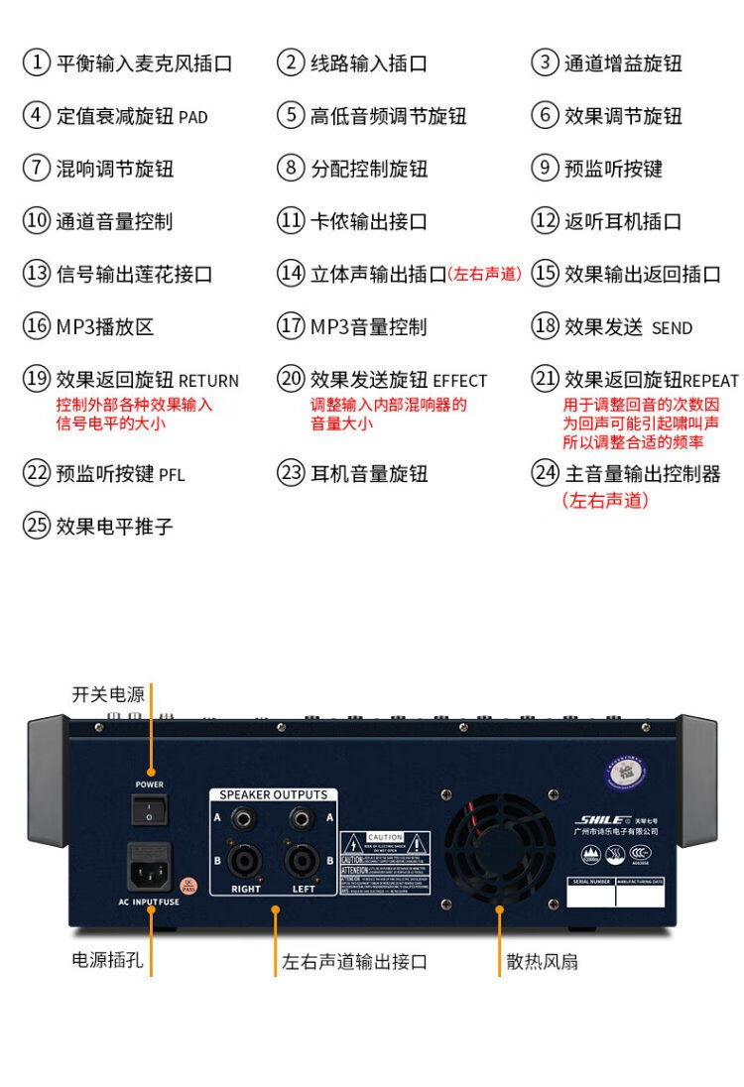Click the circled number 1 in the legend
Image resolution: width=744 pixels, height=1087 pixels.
click(x=37, y=63)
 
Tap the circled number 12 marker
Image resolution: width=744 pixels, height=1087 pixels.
click(x=546, y=221)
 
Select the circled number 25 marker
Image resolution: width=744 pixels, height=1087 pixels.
click(x=37, y=526)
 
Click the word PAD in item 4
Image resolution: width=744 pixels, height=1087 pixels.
click(x=192, y=117)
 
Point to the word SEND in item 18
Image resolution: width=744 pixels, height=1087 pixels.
click(x=672, y=328)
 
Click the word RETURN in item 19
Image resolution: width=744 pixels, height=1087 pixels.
click(x=208, y=381)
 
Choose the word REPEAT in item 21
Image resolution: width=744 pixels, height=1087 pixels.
click(x=710, y=381)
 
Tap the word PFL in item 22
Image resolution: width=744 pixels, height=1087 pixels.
click(x=172, y=475)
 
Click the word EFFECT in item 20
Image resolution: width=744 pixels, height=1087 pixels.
click(x=460, y=381)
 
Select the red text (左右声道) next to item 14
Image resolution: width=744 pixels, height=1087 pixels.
click(x=484, y=275)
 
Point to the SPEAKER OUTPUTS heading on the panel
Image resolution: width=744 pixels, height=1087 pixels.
click(x=273, y=794)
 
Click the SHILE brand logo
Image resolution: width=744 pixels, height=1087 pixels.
click(x=601, y=819)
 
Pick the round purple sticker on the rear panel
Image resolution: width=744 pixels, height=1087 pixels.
click(x=627, y=770)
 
